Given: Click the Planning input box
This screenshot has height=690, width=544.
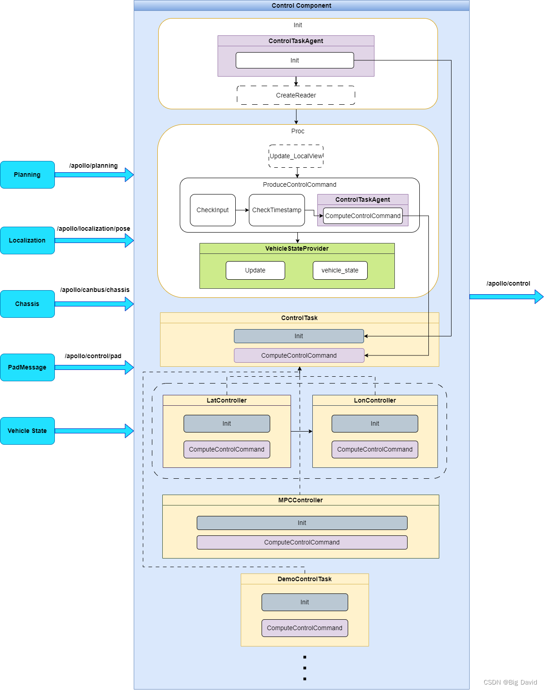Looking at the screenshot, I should (x=27, y=175).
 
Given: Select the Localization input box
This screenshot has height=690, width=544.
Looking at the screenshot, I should (x=27, y=240).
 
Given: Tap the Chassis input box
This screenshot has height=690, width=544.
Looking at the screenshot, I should (x=27, y=304).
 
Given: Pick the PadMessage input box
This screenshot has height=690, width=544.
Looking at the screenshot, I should (x=27, y=367).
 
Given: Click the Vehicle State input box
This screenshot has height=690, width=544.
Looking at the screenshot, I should (x=27, y=431).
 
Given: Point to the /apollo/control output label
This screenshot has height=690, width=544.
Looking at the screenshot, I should (x=508, y=283).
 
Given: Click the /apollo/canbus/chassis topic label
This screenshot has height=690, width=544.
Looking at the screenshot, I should (x=95, y=290).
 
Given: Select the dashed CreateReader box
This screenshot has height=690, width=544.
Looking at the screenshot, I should (x=296, y=95).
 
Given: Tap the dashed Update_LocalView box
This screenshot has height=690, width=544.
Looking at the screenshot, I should (x=296, y=156).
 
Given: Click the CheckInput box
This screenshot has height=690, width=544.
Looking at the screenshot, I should (x=213, y=210).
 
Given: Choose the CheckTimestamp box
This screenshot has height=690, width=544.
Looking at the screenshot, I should (x=277, y=210).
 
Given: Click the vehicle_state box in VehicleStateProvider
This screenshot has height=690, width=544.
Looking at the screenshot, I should (x=340, y=270).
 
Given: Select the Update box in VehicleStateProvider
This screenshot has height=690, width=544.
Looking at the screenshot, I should (x=255, y=270).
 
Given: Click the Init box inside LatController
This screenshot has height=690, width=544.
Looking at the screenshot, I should (x=227, y=423).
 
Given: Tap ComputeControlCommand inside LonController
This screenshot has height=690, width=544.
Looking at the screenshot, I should (x=375, y=449).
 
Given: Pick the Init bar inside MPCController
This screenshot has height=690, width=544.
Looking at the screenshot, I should (x=302, y=523).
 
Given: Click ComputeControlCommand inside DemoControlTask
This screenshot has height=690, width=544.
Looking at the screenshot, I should (x=305, y=628).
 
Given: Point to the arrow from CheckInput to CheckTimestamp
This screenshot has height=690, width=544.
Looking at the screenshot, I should (x=242, y=210).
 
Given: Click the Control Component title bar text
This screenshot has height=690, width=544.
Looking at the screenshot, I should (x=301, y=5).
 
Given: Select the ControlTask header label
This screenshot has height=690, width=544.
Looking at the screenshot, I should (x=299, y=318).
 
